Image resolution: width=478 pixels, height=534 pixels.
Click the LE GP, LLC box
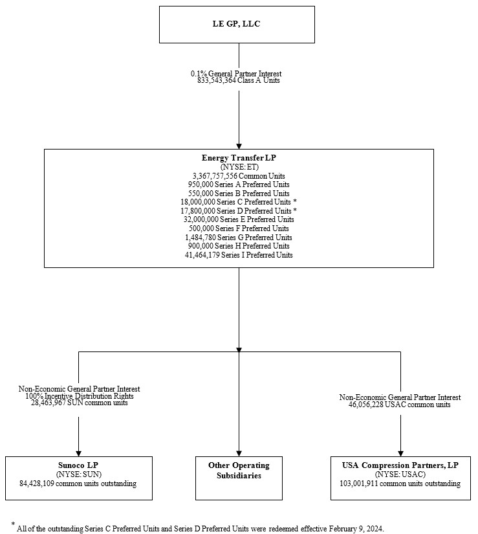[x=237, y=25]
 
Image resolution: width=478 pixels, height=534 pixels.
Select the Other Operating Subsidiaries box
[x=239, y=471]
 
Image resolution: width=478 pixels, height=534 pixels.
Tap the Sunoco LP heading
[x=78, y=465]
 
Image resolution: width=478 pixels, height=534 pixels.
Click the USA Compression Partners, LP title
[x=400, y=465]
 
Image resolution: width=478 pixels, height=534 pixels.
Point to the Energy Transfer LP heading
[x=238, y=158]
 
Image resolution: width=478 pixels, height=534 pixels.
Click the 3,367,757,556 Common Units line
[x=238, y=175]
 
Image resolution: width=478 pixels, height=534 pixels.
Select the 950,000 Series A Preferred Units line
[x=238, y=184]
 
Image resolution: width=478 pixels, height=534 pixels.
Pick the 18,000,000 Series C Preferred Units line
[x=238, y=202]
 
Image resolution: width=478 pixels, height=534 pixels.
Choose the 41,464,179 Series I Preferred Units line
[x=238, y=255]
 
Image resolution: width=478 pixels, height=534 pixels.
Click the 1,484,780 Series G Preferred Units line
[x=238, y=238]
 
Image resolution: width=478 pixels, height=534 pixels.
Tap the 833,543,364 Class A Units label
[x=238, y=81]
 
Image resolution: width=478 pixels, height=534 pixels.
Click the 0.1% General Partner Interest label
[x=238, y=74]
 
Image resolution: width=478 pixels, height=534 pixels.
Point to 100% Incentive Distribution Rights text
[x=79, y=395]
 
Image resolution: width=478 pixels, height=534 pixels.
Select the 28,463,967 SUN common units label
[x=79, y=403]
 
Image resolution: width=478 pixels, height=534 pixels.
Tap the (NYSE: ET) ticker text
[x=238, y=166]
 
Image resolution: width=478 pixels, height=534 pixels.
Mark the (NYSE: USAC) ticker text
[x=400, y=474]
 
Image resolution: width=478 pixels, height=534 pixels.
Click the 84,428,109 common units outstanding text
[x=78, y=484]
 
